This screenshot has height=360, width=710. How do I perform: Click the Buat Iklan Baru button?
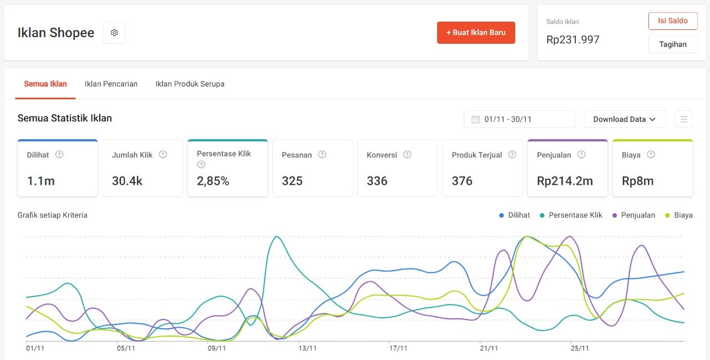click(x=476, y=33)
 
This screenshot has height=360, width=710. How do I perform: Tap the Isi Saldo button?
click(x=672, y=21)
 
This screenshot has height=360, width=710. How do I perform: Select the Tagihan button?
click(x=672, y=44)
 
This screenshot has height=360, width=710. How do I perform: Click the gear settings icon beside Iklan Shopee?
click(x=114, y=33)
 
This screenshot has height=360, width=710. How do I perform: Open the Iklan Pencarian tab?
click(x=111, y=84)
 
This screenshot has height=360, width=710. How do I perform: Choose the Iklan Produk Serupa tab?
click(x=190, y=84)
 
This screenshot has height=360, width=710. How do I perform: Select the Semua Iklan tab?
click(x=45, y=84)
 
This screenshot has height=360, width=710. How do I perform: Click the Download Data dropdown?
click(x=625, y=119)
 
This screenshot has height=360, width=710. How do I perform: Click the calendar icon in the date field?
click(x=475, y=119)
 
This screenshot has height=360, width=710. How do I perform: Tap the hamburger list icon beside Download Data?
click(x=684, y=119)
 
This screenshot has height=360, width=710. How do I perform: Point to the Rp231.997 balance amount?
click(x=572, y=40)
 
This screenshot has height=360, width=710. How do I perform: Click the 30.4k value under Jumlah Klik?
click(x=127, y=181)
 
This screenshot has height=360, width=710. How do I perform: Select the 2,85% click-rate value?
click(x=213, y=181)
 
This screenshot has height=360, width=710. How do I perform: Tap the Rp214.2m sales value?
click(x=565, y=181)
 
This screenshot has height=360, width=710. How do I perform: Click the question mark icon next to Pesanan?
click(x=322, y=155)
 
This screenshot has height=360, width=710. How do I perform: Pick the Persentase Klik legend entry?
click(x=575, y=215)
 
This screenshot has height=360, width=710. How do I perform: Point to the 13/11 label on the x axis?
click(x=307, y=348)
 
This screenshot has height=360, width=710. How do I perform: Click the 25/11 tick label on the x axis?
click(x=580, y=348)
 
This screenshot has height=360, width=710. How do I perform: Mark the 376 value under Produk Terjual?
click(x=461, y=181)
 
